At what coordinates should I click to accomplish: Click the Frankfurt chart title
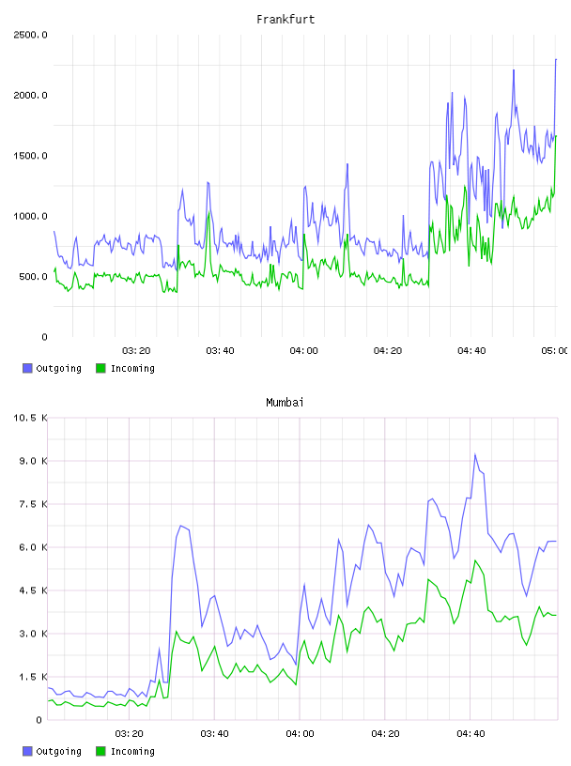point(285,20)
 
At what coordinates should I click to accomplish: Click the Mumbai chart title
point(285,403)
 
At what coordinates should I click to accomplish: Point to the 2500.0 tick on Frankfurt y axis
point(30,35)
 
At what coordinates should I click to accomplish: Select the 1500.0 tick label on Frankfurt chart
point(30,156)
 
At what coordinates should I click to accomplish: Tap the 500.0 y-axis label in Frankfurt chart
point(33,277)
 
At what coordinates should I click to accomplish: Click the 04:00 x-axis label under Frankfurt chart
point(303,351)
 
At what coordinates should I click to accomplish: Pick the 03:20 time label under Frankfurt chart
point(136,351)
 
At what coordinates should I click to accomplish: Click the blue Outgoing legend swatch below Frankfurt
point(27,368)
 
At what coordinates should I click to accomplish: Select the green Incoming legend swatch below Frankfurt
point(100,368)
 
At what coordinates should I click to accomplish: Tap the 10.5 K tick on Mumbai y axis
point(30,418)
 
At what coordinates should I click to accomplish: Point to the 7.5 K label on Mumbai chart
point(33,504)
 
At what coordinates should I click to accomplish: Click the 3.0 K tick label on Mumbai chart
point(33,634)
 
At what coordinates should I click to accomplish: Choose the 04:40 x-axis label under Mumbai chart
point(471,734)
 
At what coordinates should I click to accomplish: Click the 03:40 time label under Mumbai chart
point(215,734)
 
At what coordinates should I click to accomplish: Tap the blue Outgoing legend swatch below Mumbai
point(27,751)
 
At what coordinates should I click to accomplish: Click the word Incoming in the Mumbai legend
point(132,751)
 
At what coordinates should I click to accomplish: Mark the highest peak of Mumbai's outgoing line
point(474,453)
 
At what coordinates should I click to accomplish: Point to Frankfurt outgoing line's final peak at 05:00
point(556,59)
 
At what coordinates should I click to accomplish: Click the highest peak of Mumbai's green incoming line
point(474,560)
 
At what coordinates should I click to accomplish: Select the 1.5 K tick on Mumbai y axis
point(33,677)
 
